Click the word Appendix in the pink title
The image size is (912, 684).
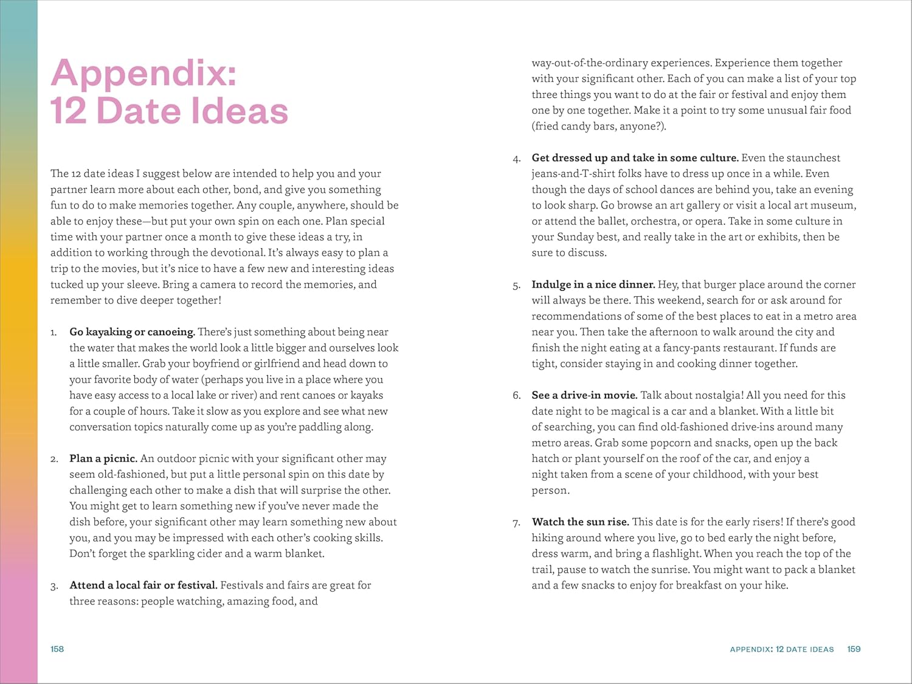click(x=143, y=74)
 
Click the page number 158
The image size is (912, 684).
click(x=57, y=649)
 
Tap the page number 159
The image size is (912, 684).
click(x=854, y=649)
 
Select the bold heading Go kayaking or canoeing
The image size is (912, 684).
click(x=132, y=332)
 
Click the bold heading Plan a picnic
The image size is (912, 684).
click(x=103, y=458)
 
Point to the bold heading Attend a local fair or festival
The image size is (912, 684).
click(x=143, y=586)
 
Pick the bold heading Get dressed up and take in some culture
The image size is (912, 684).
click(x=635, y=158)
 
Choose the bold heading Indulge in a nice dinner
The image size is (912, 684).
click(x=593, y=285)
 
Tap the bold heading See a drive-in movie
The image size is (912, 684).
click(x=584, y=395)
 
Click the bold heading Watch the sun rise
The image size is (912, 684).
click(x=580, y=522)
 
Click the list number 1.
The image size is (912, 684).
click(x=54, y=333)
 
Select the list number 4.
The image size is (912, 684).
click(x=516, y=159)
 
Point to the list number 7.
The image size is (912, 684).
click(x=516, y=522)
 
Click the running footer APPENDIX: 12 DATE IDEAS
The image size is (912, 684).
click(x=781, y=649)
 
